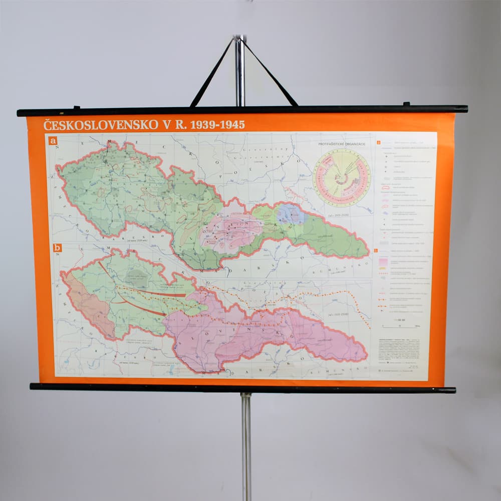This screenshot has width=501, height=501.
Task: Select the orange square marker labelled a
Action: click(x=52, y=141)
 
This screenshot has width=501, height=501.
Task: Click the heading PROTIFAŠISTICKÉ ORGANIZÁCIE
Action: click(x=342, y=144)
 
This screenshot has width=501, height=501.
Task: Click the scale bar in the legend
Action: click(x=399, y=326)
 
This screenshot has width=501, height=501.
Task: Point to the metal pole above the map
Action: click(x=240, y=70)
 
